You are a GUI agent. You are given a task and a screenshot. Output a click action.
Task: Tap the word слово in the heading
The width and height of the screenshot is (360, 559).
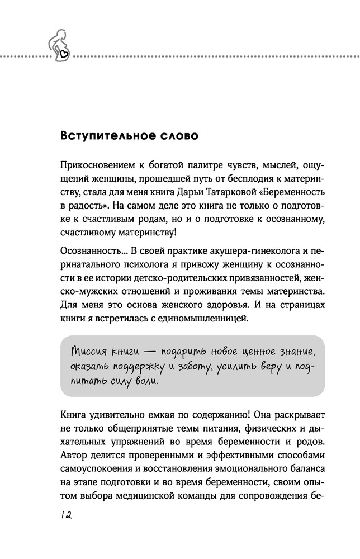(174, 136)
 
